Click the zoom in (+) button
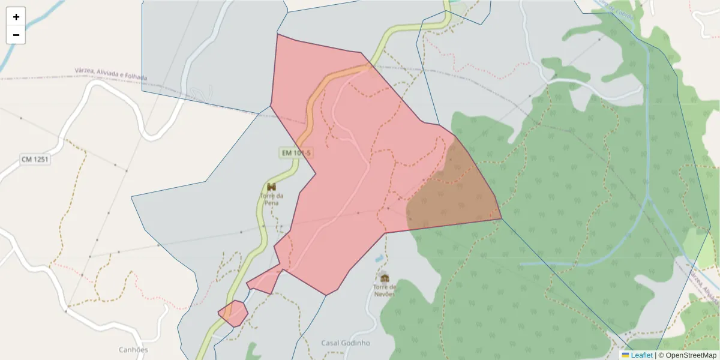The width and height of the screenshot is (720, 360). pyautogui.click(x=16, y=17)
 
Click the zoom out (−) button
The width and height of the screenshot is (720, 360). pyautogui.click(x=16, y=35)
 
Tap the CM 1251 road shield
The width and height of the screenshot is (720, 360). pyautogui.click(x=35, y=159)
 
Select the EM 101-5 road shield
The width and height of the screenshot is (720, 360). pyautogui.click(x=295, y=153)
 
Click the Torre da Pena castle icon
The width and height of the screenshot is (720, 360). pyautogui.click(x=271, y=187)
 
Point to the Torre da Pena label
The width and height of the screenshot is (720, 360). pyautogui.click(x=271, y=199)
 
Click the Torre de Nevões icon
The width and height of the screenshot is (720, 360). pyautogui.click(x=385, y=278)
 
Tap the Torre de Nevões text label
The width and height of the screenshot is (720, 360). pyautogui.click(x=385, y=290)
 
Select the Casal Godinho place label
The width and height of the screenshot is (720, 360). pyautogui.click(x=346, y=343)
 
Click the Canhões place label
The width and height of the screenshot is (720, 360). pyautogui.click(x=133, y=349)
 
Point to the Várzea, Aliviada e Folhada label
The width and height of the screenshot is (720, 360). pyautogui.click(x=111, y=74)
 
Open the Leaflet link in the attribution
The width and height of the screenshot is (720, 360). pyautogui.click(x=641, y=355)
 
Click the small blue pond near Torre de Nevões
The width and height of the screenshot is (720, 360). pyautogui.click(x=379, y=259)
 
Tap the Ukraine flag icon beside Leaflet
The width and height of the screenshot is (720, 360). pyautogui.click(x=625, y=355)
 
